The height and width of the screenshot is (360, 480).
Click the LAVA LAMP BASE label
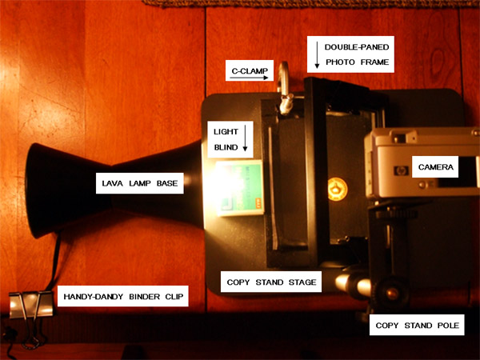139,183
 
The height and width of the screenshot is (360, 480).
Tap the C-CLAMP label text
250,70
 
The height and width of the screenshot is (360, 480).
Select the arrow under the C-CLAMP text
249,78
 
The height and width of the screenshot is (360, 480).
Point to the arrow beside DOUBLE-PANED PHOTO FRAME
317,54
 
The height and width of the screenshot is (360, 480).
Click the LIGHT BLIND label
226,139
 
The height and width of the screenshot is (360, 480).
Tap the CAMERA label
435,167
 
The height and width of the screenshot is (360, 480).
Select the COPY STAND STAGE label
271,282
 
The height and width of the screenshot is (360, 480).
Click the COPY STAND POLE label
417,325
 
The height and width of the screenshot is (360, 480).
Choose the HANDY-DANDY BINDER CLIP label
123,296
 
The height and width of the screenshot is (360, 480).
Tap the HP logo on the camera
401,170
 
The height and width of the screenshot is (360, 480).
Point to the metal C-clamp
284,89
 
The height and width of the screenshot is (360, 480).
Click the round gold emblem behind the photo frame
338,189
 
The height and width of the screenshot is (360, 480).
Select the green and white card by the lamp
240,188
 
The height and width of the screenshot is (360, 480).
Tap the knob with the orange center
391,294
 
